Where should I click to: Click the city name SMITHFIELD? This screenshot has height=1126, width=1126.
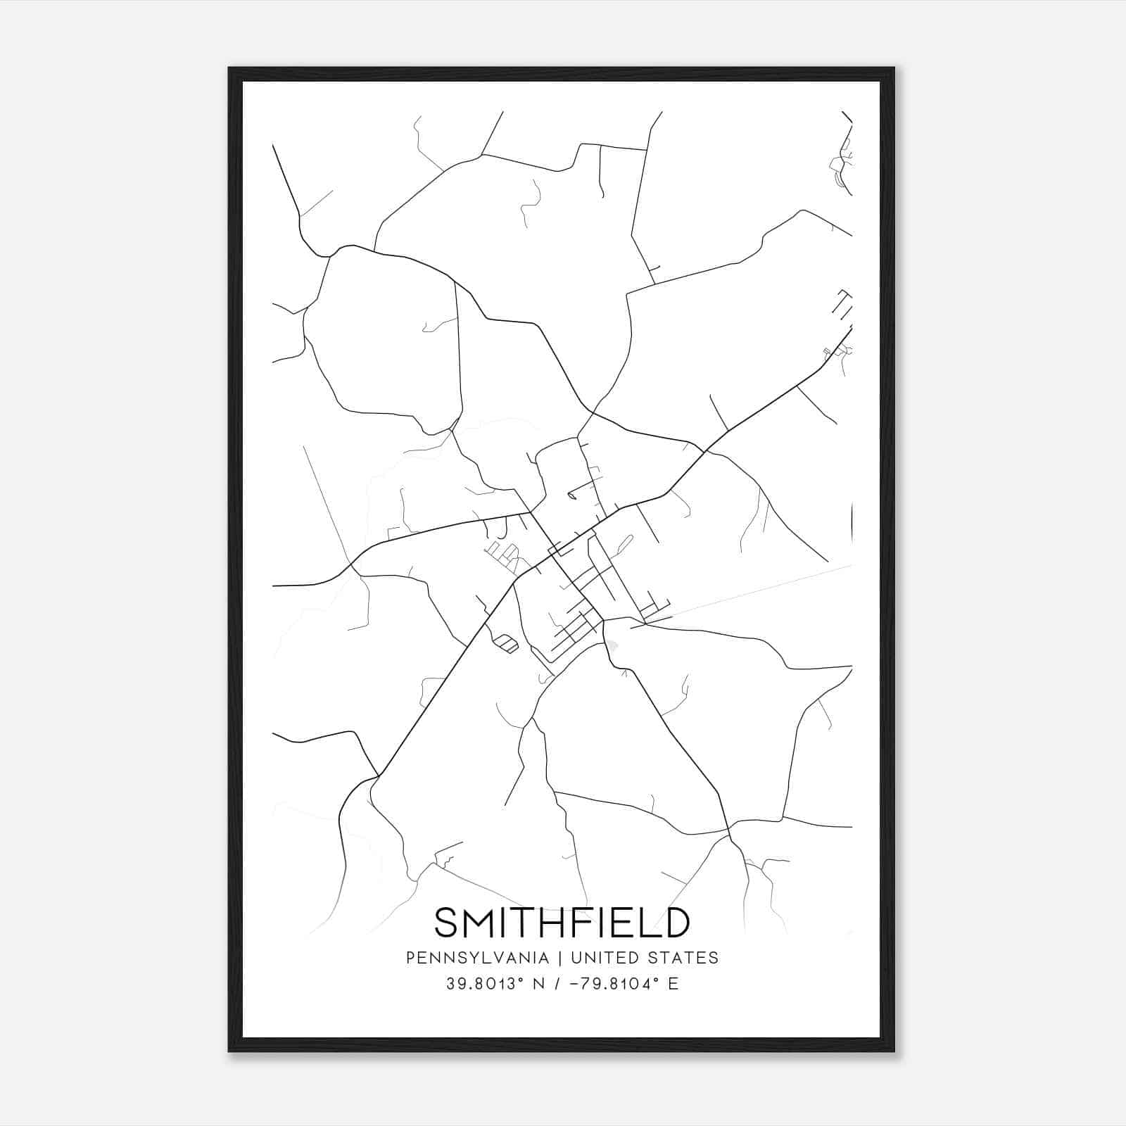coord(562,923)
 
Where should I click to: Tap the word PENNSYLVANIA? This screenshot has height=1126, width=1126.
coord(477,958)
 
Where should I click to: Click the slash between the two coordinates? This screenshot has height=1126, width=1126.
coord(559,984)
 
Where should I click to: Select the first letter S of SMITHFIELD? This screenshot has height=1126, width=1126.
coord(447,923)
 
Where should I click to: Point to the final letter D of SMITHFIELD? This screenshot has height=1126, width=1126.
coord(676,923)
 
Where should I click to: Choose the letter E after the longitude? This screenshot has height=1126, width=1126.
coord(673,984)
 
